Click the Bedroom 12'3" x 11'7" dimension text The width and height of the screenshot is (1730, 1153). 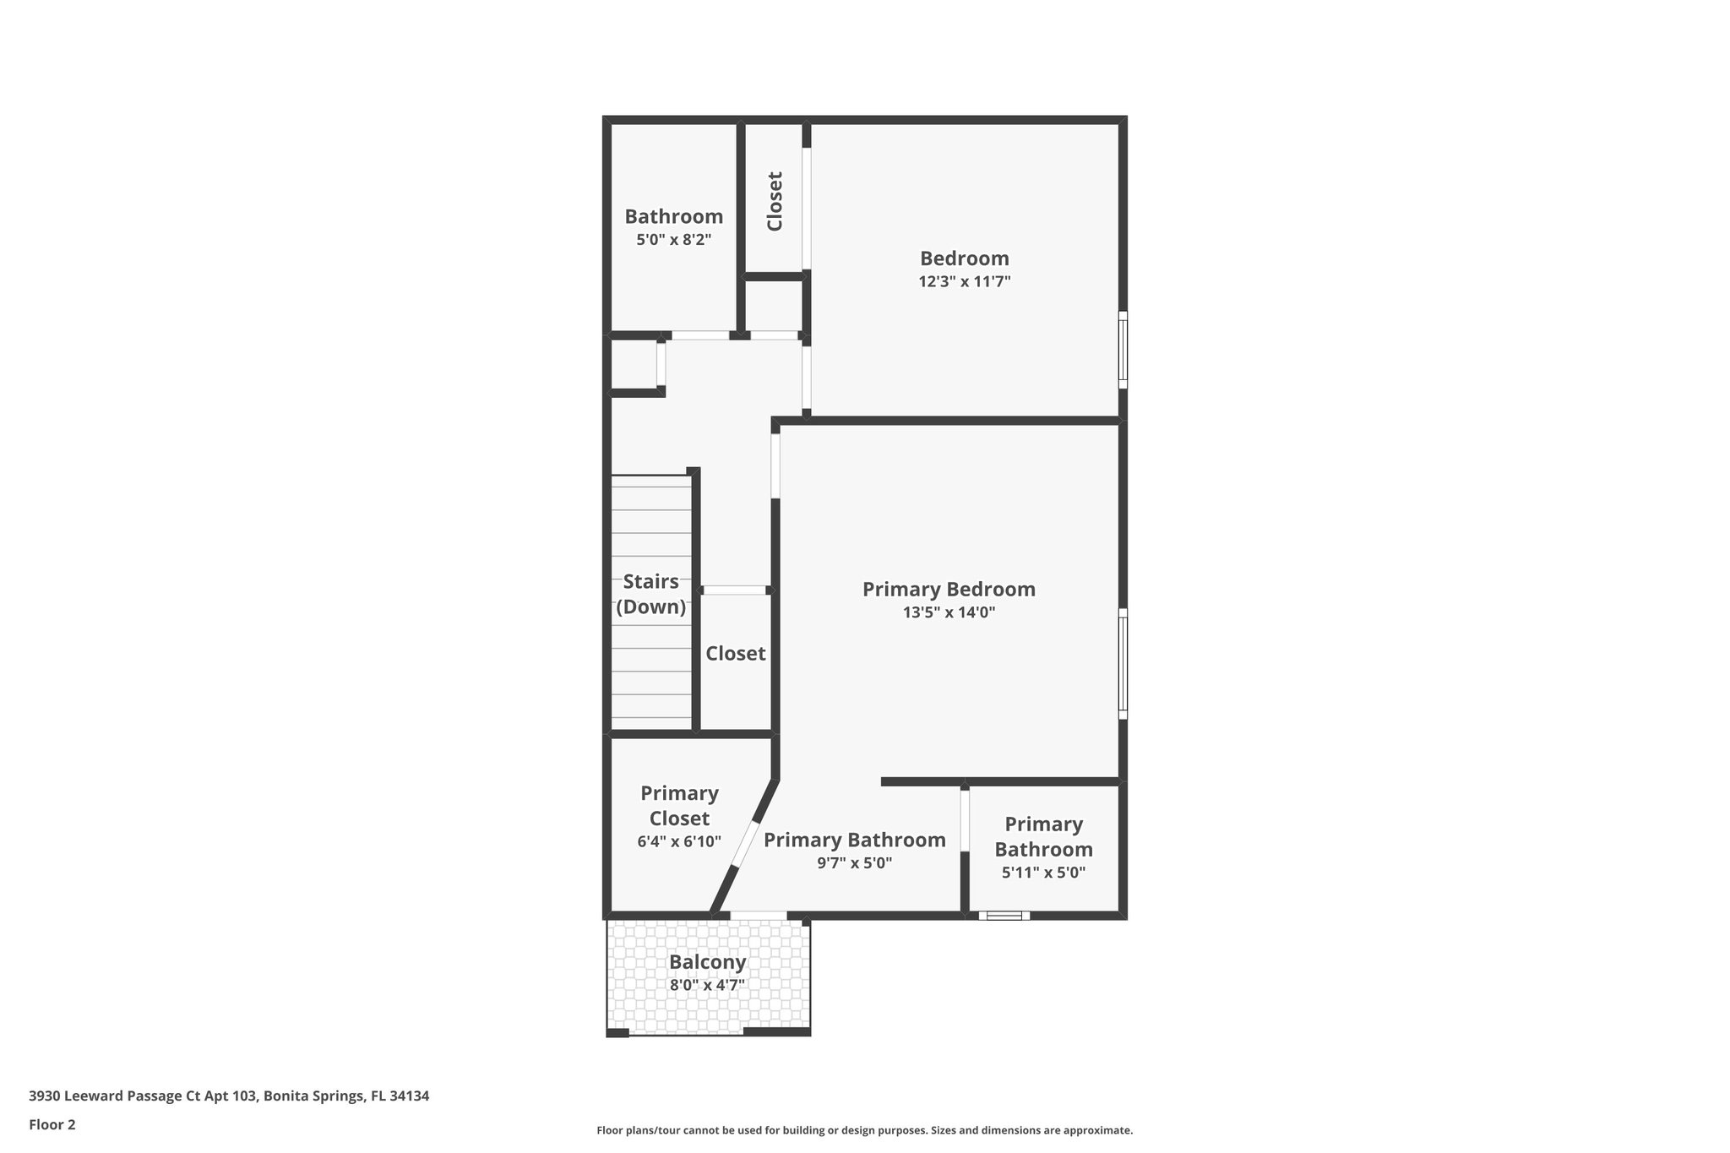click(x=964, y=282)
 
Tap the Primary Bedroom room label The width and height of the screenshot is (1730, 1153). click(x=949, y=590)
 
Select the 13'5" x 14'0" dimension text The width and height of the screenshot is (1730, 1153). click(x=949, y=613)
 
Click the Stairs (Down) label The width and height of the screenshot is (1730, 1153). click(x=650, y=595)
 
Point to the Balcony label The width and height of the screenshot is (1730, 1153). click(x=707, y=962)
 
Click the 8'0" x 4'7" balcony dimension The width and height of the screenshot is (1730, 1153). click(x=707, y=985)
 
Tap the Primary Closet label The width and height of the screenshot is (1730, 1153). click(x=679, y=806)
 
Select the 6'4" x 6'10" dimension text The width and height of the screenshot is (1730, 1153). click(x=679, y=842)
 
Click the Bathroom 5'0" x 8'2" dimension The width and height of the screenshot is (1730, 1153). click(x=673, y=240)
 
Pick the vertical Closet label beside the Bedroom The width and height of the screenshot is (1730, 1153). click(x=775, y=201)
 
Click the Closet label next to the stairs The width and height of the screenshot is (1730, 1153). click(x=735, y=654)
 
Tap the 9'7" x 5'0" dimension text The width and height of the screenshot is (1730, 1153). click(x=854, y=863)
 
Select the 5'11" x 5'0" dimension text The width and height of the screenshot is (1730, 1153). click(x=1043, y=873)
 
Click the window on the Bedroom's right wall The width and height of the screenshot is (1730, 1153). click(x=1123, y=350)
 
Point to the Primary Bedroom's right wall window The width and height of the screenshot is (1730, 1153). click(x=1123, y=664)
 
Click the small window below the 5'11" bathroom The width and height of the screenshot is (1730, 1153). click(x=1004, y=916)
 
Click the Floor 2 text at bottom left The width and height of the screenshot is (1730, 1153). click(x=52, y=1124)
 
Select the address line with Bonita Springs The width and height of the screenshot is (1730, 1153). click(x=229, y=1096)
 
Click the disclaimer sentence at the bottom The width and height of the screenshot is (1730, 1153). click(x=864, y=1130)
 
